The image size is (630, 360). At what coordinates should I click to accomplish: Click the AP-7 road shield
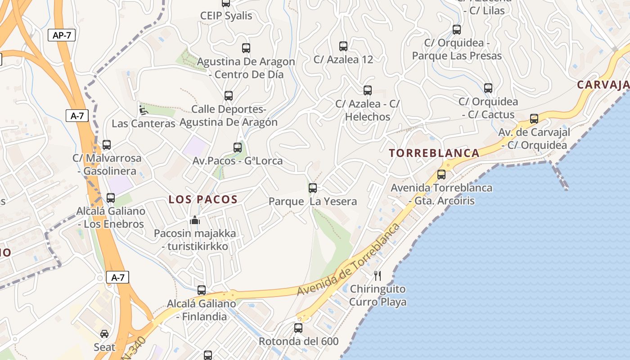tap(62, 35)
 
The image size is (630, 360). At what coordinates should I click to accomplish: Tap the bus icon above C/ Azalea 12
tap(343, 46)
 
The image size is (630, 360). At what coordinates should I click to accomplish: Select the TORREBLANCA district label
tap(434, 153)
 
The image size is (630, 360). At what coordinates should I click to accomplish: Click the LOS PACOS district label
tap(203, 199)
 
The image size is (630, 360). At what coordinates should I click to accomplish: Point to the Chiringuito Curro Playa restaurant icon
tap(378, 276)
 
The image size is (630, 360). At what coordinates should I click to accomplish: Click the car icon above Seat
tap(104, 334)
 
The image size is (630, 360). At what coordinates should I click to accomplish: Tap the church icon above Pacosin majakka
tap(195, 220)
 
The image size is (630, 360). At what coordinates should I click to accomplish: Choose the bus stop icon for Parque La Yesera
tap(313, 188)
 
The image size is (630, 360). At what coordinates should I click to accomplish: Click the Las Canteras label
tap(143, 123)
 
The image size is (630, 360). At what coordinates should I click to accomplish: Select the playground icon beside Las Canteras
tap(143, 109)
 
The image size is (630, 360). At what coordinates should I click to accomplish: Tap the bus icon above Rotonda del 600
tap(298, 328)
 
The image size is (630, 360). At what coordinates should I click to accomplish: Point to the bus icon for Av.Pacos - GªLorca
tap(238, 148)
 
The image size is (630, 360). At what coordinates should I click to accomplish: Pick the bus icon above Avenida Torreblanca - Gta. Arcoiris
tap(441, 175)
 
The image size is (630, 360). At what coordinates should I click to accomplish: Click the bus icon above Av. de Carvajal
tap(534, 119)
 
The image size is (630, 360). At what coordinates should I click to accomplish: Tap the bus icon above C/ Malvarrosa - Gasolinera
tap(107, 145)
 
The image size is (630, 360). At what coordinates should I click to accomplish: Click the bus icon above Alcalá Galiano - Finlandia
tap(202, 290)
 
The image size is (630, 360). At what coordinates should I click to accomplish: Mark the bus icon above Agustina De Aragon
tap(246, 48)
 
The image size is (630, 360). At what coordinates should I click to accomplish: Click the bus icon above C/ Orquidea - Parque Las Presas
tap(457, 30)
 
